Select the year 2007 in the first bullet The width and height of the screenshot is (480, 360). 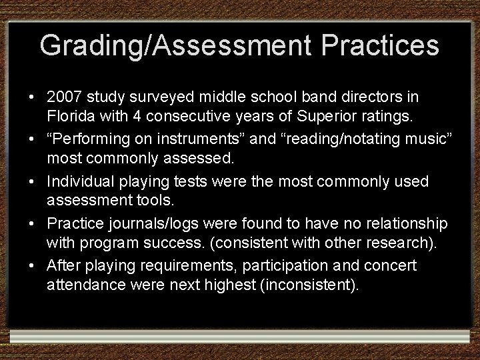tap(64, 97)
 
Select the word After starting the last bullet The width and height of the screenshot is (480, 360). tap(63, 266)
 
